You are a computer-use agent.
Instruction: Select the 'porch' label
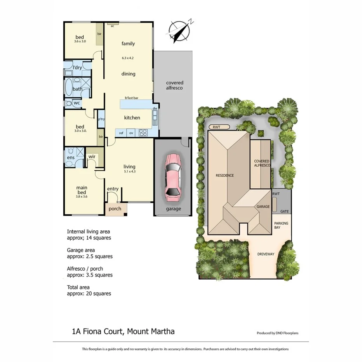coord(115,209)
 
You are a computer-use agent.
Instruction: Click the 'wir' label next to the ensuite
coord(92,156)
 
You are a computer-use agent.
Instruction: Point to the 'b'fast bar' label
coord(131,98)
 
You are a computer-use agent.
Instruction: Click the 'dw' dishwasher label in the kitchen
coord(155,108)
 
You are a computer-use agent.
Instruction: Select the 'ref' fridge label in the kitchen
coord(121,133)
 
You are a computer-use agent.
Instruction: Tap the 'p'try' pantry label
coord(101,119)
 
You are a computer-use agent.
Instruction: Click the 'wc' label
coord(77,103)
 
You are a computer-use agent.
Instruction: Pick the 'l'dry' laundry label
coord(77,68)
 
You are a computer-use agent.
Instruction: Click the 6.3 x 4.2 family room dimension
coord(128,58)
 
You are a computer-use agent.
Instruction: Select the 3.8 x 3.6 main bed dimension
coord(82,197)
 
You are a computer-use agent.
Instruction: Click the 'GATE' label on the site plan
coord(285,211)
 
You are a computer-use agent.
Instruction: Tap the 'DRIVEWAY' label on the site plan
coord(266,254)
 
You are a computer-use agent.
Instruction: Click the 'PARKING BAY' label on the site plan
coord(281,226)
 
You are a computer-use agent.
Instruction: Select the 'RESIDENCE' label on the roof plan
coord(225,175)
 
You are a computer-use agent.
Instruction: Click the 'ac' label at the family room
coord(112,26)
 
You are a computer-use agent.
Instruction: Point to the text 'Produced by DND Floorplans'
coord(277,333)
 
